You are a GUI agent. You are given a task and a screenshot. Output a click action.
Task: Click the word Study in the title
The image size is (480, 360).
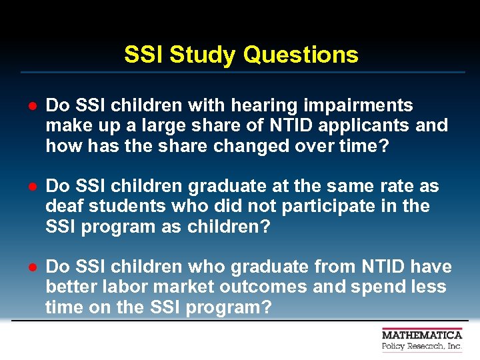tap(204, 55)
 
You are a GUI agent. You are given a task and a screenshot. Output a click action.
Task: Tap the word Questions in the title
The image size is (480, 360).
tap(301, 55)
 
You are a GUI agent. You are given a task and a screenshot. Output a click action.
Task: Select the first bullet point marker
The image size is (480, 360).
tap(31, 107)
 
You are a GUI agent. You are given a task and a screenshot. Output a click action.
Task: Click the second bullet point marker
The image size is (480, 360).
tap(31, 187)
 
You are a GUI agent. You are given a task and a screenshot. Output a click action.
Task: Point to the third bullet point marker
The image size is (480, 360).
tap(31, 268)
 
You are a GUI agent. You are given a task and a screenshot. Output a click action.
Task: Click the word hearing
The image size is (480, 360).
tap(263, 106)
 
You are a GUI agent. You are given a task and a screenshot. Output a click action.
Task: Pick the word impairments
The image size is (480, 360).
tap(356, 106)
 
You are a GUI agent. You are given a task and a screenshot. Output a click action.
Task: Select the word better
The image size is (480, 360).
tap(72, 287)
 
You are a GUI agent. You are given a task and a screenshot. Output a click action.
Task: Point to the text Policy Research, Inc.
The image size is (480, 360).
tap(421, 347)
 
